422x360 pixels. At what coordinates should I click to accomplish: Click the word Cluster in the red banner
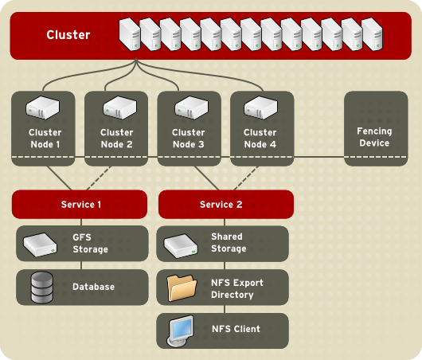[x=68, y=35]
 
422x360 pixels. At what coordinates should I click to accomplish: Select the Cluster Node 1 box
[x=44, y=128]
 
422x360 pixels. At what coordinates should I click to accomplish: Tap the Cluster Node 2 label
[x=116, y=139]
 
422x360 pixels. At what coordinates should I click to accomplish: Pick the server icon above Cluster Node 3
[x=189, y=107]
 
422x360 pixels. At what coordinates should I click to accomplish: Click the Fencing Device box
[x=374, y=128]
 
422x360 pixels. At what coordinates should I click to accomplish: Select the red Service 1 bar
[x=80, y=205]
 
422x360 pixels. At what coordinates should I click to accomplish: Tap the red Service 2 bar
[x=226, y=205]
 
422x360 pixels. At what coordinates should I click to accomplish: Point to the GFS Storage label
[x=90, y=243]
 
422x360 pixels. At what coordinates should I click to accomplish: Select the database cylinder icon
[x=41, y=288]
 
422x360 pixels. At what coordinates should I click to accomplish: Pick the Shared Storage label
[x=229, y=243]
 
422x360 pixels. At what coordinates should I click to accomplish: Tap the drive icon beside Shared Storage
[x=181, y=246]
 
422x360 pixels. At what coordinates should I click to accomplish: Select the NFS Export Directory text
[x=237, y=288]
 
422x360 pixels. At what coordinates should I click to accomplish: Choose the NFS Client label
[x=236, y=329]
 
